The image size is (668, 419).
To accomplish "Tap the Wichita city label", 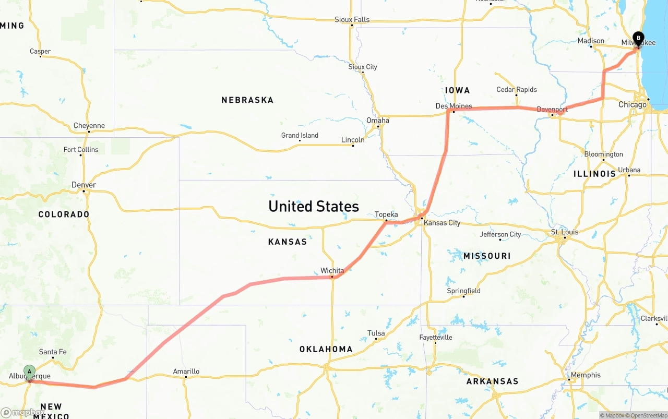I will (332, 270).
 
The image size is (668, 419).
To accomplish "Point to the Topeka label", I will (386, 214).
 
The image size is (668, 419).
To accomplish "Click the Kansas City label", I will (442, 223).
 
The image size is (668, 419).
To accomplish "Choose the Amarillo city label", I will (186, 372).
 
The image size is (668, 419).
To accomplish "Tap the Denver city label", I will (83, 185).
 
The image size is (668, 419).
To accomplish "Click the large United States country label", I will (313, 206).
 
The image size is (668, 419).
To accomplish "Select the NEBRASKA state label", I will (247, 100).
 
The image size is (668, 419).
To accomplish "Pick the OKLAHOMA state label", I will (326, 349).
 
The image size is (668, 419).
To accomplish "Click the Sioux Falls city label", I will (352, 20).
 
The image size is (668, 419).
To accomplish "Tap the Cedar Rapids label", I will (516, 89).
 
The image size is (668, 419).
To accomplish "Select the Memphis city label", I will (586, 375).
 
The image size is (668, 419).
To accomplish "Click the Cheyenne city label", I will (89, 126).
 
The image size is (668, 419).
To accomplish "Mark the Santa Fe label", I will (53, 352).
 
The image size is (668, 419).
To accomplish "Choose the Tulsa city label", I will (376, 333).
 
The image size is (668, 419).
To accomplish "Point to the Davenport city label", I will (552, 110).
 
